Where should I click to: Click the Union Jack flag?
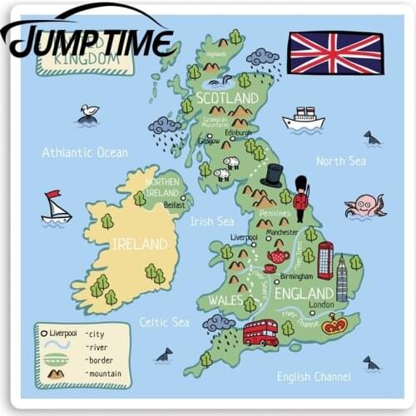[x=336, y=52]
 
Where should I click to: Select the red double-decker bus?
[x=260, y=332]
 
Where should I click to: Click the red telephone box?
[x=325, y=260]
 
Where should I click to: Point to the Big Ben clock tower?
[x=341, y=278]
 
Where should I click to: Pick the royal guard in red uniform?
[x=301, y=199]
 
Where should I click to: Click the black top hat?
[x=272, y=176]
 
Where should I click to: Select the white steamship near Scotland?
[x=303, y=119]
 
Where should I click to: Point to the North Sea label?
[x=340, y=161]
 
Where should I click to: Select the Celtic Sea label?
[x=164, y=322]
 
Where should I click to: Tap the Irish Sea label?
[x=212, y=221]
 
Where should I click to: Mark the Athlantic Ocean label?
[x=85, y=153]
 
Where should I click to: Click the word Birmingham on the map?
[x=296, y=276]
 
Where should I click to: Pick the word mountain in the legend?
[x=104, y=374]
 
